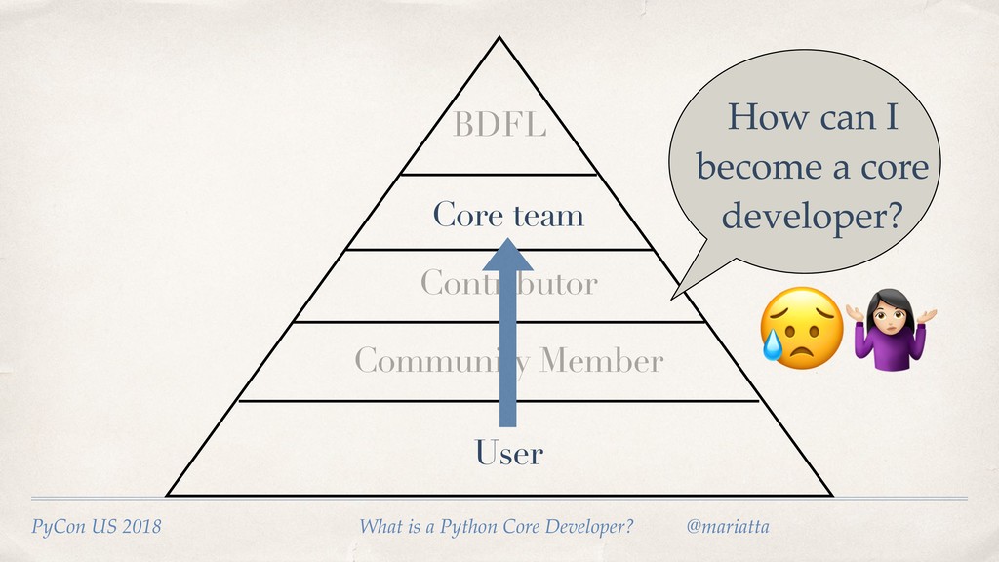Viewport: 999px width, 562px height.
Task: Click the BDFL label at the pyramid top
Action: click(499, 127)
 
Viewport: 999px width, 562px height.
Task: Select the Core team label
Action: click(508, 215)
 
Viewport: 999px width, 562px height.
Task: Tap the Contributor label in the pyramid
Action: click(508, 284)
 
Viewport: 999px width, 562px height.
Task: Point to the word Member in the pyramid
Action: click(601, 362)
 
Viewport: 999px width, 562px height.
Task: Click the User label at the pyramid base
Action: click(508, 454)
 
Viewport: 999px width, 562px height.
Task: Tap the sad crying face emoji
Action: click(800, 328)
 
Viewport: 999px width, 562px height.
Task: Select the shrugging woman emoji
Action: click(890, 328)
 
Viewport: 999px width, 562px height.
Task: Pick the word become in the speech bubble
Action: click(756, 168)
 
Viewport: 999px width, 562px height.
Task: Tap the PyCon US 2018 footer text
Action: click(97, 528)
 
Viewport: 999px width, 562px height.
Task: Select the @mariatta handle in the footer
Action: click(728, 528)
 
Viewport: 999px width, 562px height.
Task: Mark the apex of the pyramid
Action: click(499, 39)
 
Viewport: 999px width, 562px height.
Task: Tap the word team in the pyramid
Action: click(549, 215)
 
